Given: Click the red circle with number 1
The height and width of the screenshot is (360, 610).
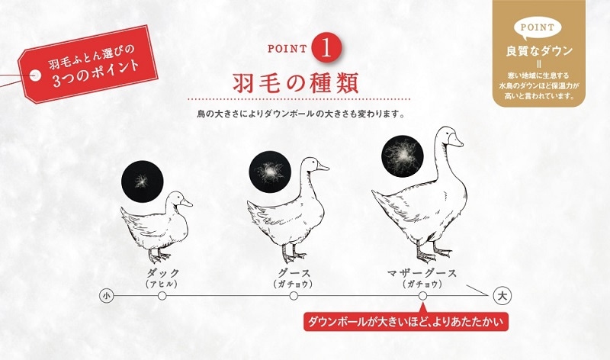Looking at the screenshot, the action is [x=326, y=47].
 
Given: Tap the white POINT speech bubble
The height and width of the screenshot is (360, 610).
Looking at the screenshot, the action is [x=538, y=28].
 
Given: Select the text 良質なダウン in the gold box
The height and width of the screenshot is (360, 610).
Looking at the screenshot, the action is [x=539, y=51].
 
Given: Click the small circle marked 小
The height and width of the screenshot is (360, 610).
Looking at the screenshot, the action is [x=106, y=296].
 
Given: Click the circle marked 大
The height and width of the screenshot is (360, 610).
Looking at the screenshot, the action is [x=502, y=296].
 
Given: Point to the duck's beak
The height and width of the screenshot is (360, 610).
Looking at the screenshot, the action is [x=186, y=202].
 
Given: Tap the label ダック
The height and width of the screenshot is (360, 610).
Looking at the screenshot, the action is [x=162, y=273].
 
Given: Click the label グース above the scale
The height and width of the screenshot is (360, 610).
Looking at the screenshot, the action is [x=294, y=273].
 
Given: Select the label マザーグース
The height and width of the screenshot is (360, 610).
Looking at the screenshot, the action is [x=422, y=273].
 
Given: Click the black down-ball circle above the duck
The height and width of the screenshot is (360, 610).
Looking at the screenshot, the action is [x=143, y=181].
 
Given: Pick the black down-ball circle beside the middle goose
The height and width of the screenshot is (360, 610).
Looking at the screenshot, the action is [x=269, y=172].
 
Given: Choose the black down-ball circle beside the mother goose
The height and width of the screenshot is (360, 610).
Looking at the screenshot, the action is [x=402, y=156].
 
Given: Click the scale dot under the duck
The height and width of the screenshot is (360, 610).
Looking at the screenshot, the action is [x=162, y=296].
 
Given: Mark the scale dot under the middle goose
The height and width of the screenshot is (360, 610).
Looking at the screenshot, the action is [x=294, y=296].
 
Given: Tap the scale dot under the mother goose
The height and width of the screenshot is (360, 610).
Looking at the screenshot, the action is [x=422, y=296].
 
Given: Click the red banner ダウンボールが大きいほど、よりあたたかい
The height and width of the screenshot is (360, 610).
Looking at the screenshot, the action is [x=406, y=321].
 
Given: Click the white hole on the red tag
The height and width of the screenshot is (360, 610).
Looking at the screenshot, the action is [x=36, y=75].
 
